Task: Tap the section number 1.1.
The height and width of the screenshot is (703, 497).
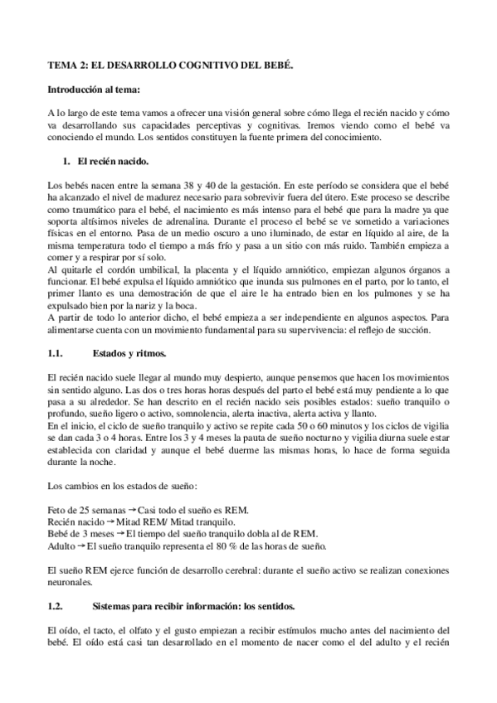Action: pos(56,353)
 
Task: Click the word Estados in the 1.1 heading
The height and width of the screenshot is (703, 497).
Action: pos(115,353)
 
